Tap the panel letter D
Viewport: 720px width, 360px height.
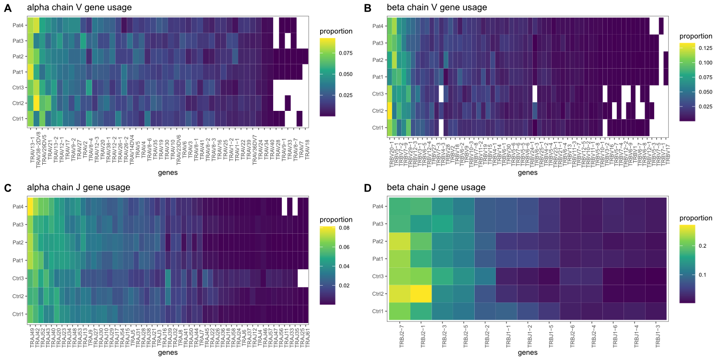pos(368,188)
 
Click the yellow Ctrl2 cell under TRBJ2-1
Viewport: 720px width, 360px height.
pos(421,294)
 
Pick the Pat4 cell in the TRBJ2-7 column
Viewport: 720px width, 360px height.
pos(399,206)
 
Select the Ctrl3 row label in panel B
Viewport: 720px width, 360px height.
pos(377,94)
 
